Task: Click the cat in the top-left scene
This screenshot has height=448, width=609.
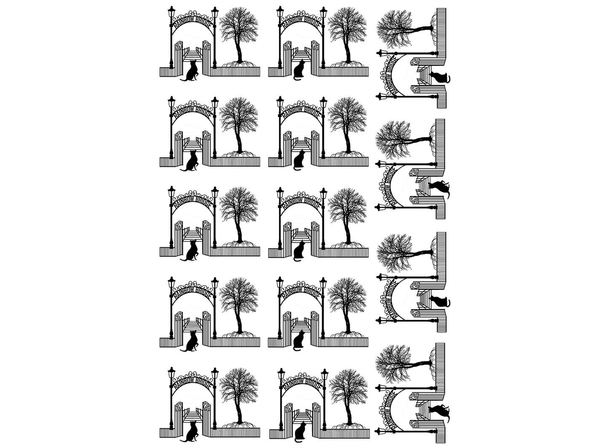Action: pyautogui.click(x=190, y=71)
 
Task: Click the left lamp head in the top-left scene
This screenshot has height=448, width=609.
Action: pyautogui.click(x=171, y=12)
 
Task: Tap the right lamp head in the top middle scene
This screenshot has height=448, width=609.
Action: pyautogui.click(x=323, y=13)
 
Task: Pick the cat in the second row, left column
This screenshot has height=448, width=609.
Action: pyautogui.click(x=190, y=161)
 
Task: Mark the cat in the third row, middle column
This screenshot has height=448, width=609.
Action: pyautogui.click(x=299, y=251)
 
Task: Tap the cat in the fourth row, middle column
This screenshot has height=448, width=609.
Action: pyautogui.click(x=299, y=341)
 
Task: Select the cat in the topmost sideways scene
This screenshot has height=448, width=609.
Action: pyautogui.click(x=439, y=78)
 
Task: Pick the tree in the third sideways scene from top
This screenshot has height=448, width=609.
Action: pyautogui.click(x=405, y=253)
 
